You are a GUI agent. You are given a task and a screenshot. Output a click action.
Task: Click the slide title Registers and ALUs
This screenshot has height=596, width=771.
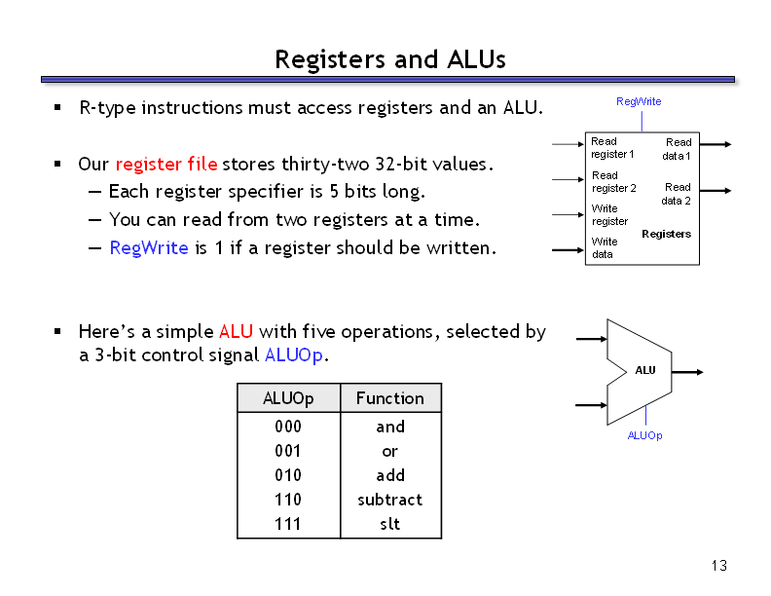coord(389,59)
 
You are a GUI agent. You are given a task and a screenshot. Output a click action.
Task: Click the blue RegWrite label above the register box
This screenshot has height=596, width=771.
coord(639,101)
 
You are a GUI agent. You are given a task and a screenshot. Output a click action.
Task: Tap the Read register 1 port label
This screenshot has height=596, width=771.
coord(611,148)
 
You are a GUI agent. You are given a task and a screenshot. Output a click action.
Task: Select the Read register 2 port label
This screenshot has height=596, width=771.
coord(613,182)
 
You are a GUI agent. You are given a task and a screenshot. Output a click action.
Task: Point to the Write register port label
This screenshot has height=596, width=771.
coord(609,214)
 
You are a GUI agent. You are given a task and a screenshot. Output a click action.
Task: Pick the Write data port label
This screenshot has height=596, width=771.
coord(604,247)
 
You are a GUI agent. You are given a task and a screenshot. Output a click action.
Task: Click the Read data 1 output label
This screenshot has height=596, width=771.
coord(678,149)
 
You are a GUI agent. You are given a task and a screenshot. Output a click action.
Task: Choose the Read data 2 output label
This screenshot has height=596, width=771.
coord(677,194)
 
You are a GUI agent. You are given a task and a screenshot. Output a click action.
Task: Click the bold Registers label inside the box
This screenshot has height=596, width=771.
coord(666,234)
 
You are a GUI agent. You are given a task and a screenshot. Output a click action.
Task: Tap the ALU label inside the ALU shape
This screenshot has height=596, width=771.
coord(645,370)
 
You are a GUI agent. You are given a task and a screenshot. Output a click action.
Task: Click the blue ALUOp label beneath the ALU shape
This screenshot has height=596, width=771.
coord(644,435)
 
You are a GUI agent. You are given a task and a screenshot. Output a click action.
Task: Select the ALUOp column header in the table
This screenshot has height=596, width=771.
coord(288,398)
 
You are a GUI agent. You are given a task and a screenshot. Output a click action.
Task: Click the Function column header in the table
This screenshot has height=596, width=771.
coord(390,398)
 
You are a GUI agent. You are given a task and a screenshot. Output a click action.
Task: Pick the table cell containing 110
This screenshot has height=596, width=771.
coord(288,500)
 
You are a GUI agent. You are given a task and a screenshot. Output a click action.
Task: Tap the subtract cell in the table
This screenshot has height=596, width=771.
coord(390,500)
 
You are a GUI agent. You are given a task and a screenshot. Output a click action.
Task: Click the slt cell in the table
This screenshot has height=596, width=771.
coord(390,524)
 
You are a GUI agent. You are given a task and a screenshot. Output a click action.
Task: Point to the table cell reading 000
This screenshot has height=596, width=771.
coord(288,427)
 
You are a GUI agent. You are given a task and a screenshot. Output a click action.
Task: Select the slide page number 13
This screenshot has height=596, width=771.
coord(719,566)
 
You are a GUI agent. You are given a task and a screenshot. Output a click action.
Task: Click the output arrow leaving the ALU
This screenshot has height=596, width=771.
coord(689,372)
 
